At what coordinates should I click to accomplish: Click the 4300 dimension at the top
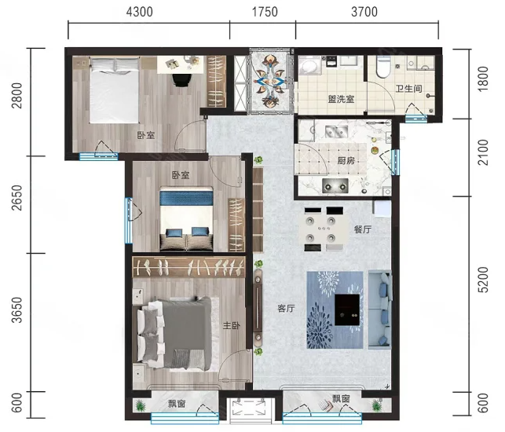tap(140, 12)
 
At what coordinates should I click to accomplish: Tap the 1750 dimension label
tap(265, 12)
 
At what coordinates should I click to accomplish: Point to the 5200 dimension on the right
tap(483, 280)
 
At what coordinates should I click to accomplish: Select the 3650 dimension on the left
tap(16, 309)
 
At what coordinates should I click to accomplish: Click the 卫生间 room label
tap(408, 88)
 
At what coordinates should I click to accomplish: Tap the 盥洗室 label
tap(341, 99)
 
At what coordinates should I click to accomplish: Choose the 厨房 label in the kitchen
tap(346, 160)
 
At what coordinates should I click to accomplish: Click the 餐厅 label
tap(363, 229)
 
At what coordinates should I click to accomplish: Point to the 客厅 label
tap(286, 309)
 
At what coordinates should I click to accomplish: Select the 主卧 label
tap(232, 326)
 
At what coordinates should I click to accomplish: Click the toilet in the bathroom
tap(383, 67)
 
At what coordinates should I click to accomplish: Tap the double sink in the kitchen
tap(337, 132)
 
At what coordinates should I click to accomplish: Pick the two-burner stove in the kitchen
tap(335, 186)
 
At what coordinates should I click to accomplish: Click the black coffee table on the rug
tap(347, 309)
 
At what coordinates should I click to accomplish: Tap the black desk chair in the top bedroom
tap(181, 80)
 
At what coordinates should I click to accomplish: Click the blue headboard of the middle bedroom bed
tap(186, 198)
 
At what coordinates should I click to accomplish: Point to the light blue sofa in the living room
tap(380, 309)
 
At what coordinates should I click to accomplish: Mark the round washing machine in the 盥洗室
tap(309, 65)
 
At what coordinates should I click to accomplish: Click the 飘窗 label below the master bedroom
tap(177, 403)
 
